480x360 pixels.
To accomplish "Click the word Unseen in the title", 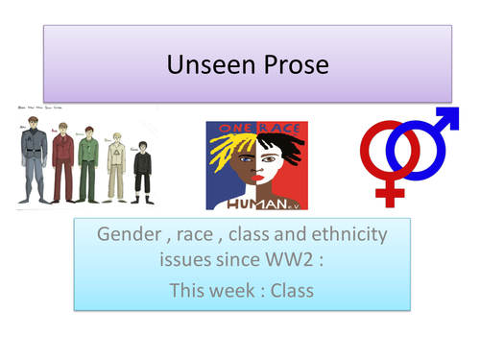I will (x=204, y=65).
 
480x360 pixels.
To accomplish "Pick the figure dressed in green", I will (x=88, y=160).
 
